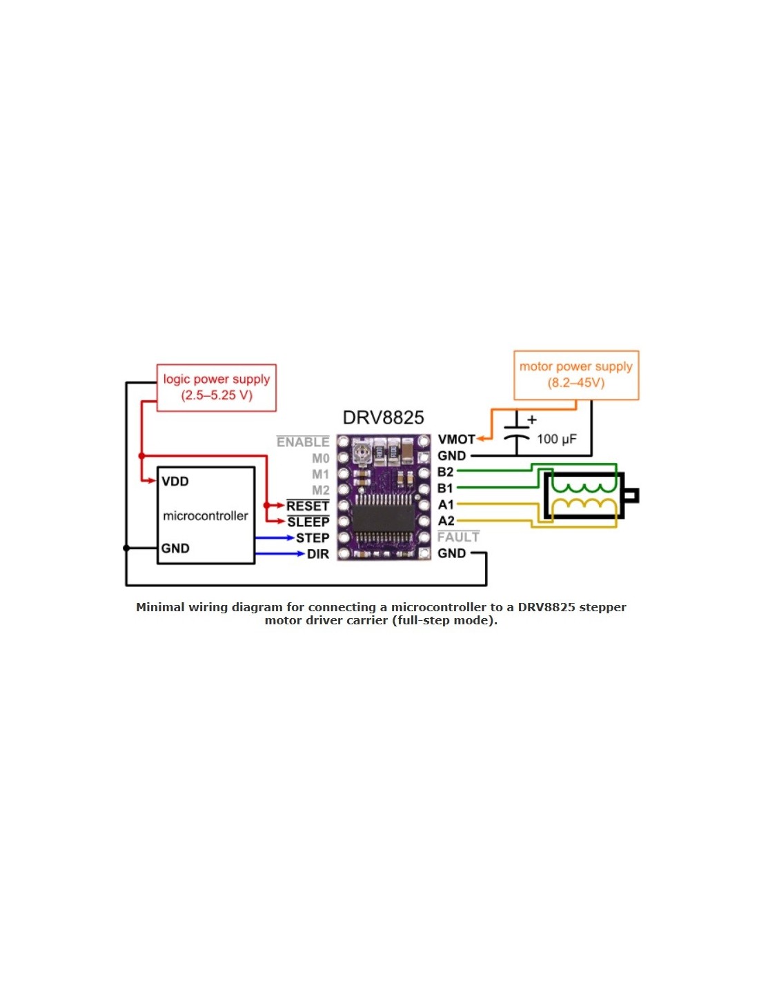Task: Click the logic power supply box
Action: pos(216,388)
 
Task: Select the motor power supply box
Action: pos(575,375)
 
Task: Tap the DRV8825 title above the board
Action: pos(383,417)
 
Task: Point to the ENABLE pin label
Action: pos(303,442)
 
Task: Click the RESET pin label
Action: pos(308,506)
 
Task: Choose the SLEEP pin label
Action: pos(308,522)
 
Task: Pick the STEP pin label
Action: pos(313,538)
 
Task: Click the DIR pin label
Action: pos(317,554)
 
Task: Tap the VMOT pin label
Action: pos(456,439)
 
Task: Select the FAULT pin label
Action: pos(458,537)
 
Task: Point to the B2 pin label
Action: pos(446,472)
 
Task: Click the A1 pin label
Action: pos(446,504)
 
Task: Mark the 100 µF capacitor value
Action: pos(556,439)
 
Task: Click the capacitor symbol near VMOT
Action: pos(517,433)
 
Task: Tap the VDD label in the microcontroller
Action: pos(175,482)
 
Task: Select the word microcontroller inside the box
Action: pos(206,516)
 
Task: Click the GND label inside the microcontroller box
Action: pos(175,548)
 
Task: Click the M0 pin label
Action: pos(320,459)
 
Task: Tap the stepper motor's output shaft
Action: pos(631,495)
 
